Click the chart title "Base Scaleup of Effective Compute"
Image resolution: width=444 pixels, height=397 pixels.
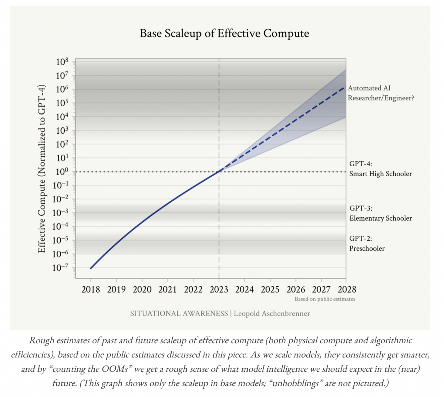[224, 33]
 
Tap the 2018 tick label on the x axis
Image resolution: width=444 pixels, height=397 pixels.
[91, 289]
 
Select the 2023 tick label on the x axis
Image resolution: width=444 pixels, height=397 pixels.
[219, 289]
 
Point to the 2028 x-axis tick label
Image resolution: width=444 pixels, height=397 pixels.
[347, 289]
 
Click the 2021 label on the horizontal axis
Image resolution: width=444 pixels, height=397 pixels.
[168, 289]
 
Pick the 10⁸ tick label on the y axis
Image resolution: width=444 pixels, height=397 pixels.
[62, 62]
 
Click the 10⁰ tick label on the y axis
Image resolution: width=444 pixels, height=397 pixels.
[62, 172]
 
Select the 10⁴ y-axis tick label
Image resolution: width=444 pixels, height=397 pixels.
[62, 117]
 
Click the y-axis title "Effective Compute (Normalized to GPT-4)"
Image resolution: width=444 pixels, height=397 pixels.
[42, 169]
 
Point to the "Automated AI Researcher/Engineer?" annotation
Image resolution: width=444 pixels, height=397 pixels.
[380, 93]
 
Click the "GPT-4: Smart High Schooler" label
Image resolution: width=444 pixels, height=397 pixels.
[380, 169]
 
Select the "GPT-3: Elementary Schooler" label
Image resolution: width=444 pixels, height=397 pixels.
[380, 213]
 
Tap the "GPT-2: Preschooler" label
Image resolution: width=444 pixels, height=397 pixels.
[367, 243]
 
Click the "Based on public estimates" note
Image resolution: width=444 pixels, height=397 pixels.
[325, 299]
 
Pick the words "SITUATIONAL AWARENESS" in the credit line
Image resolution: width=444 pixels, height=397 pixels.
[179, 314]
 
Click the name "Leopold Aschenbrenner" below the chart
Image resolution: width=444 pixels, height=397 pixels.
[272, 314]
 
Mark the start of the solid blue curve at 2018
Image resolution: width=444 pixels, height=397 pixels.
[91, 268]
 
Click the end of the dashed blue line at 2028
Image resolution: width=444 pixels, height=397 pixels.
[345, 87]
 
